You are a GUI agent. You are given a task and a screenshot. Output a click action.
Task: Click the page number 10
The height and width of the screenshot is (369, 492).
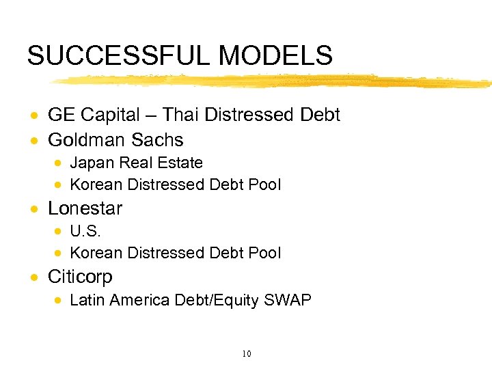(247, 353)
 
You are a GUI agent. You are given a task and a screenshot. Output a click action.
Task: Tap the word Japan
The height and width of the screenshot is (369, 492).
(92, 163)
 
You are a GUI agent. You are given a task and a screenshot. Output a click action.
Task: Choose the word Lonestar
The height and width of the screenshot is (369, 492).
(85, 208)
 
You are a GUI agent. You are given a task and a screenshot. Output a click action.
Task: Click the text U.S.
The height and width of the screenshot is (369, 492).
(85, 232)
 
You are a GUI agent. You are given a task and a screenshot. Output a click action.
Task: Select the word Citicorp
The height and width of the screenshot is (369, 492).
(80, 277)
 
